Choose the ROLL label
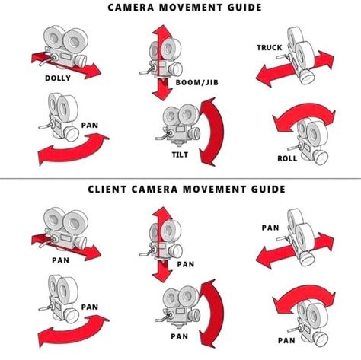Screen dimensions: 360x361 [x=286, y=158]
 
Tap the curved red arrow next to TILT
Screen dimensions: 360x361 [x=212, y=135]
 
